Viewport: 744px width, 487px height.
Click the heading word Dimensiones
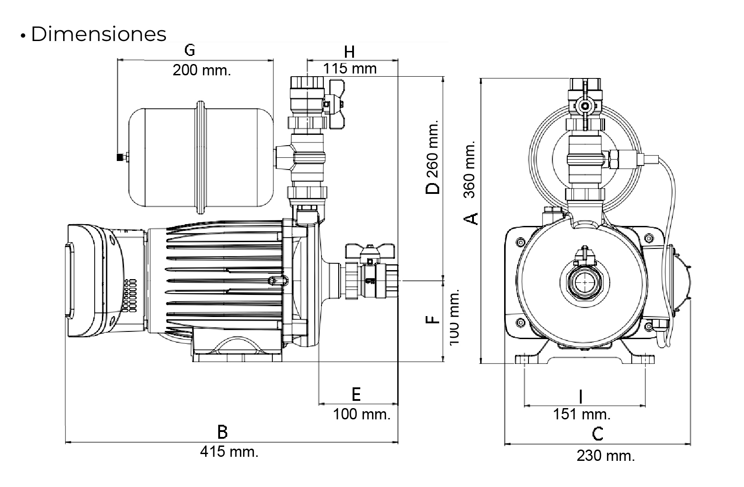(98, 34)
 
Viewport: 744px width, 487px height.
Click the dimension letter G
(190, 50)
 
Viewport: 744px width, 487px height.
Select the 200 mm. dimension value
(202, 70)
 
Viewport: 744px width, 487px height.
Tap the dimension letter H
(349, 52)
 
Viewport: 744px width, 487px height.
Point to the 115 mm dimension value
(350, 69)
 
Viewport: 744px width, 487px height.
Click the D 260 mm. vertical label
(433, 157)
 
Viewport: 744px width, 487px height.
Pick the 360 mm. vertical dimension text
(470, 169)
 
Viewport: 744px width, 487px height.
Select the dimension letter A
(471, 218)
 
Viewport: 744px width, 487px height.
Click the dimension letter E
(356, 395)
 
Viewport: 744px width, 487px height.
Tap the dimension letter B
(222, 432)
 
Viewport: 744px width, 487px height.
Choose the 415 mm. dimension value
(229, 451)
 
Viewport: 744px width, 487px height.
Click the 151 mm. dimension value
(582, 414)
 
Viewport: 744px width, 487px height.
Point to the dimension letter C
(597, 434)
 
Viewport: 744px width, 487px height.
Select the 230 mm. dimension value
(606, 455)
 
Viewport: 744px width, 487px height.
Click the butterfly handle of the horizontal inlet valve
(370, 250)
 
